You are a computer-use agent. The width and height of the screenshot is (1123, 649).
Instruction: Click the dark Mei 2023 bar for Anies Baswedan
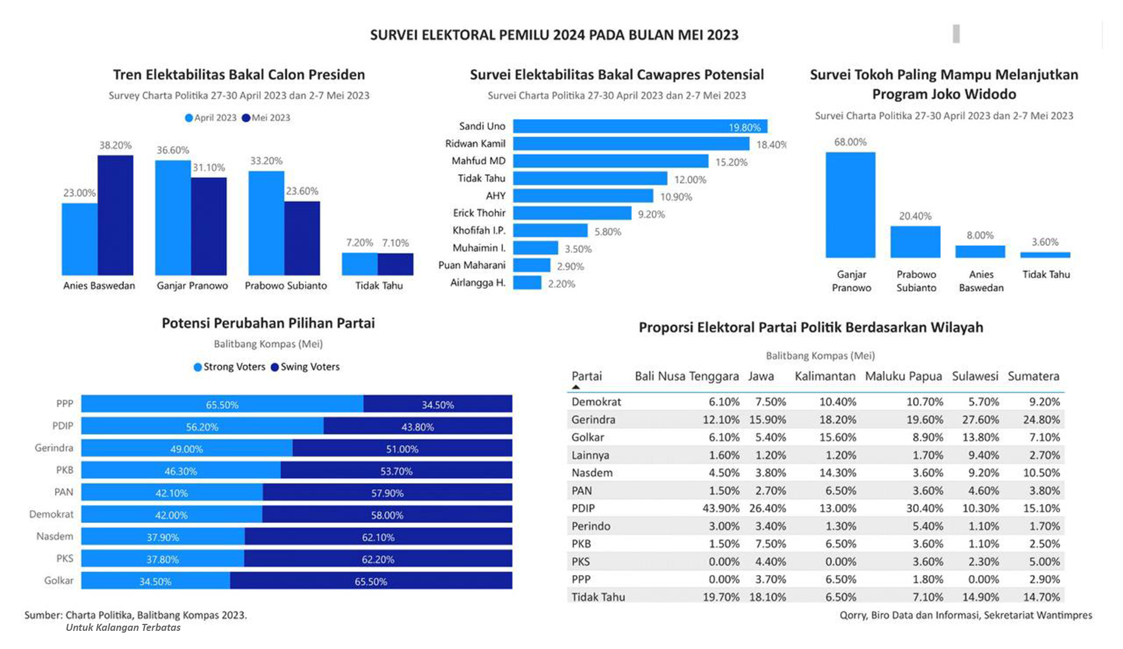click(115, 215)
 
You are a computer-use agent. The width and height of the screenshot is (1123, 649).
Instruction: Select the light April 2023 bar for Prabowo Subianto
click(266, 223)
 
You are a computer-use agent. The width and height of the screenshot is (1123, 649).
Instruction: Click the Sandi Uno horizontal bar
click(640, 126)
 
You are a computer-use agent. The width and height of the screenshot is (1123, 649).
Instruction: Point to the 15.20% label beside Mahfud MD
click(731, 162)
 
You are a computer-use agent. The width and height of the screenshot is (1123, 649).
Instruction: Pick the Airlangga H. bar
click(527, 283)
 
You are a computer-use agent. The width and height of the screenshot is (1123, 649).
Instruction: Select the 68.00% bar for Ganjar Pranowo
click(850, 205)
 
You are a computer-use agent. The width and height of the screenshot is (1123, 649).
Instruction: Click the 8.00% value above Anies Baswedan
click(980, 235)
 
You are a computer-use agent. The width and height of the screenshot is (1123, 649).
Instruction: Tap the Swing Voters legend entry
click(305, 367)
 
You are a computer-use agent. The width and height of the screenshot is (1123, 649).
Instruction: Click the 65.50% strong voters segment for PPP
click(222, 404)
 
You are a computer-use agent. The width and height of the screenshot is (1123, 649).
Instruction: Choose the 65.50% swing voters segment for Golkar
click(371, 581)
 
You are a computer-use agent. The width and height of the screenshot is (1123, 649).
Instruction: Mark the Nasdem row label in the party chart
click(55, 536)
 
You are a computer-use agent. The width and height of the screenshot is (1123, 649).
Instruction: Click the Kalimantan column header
click(825, 376)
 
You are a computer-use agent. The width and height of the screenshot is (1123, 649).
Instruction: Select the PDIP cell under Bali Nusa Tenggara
click(721, 508)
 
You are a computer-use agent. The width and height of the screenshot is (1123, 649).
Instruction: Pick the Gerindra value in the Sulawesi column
click(980, 419)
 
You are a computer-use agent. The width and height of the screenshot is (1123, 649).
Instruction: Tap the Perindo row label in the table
click(591, 526)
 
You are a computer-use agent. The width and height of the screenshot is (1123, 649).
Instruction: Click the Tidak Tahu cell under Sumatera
click(1041, 597)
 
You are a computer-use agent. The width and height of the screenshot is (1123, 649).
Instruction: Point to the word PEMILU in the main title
click(524, 35)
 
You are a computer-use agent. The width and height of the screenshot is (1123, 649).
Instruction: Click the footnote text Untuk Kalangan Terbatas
click(123, 627)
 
